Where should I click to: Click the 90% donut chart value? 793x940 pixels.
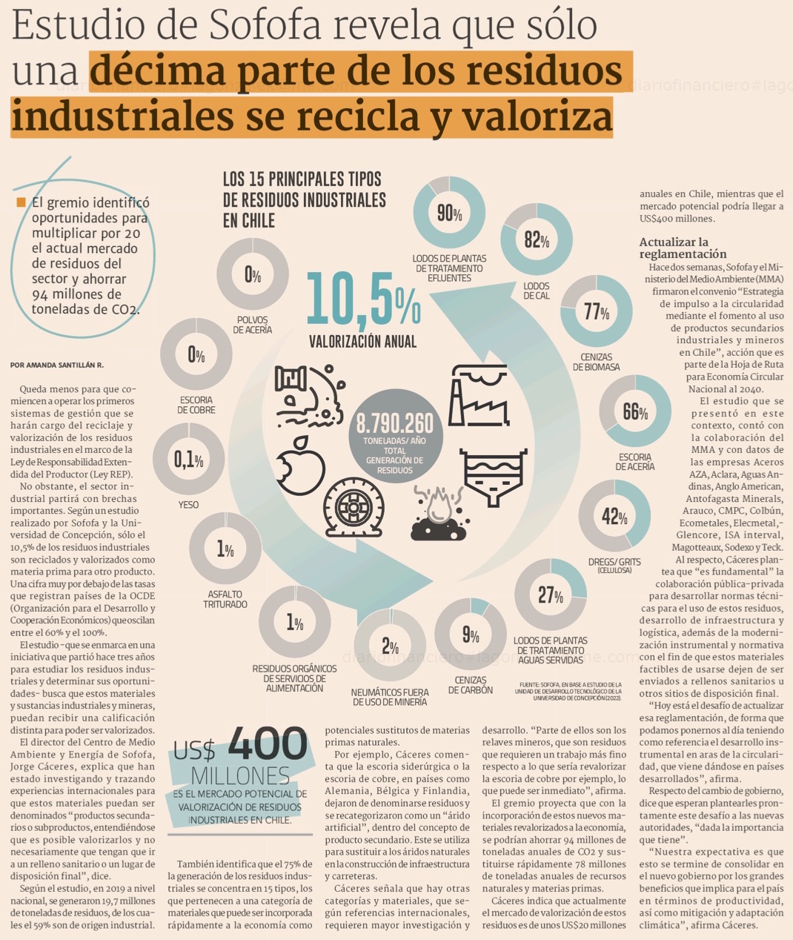point(449,214)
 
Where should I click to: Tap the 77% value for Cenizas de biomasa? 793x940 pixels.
point(596,311)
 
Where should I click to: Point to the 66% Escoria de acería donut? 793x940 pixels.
point(635,412)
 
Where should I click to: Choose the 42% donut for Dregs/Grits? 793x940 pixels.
point(614,517)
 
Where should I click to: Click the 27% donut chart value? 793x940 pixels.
point(551,595)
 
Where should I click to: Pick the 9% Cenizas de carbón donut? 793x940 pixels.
point(471,635)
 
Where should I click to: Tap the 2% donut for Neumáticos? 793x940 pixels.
point(391,645)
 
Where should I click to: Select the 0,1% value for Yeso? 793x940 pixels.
point(188,460)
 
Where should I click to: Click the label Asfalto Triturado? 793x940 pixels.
point(225,599)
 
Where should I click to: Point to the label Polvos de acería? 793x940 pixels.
point(252,325)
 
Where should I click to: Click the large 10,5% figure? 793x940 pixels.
point(363,299)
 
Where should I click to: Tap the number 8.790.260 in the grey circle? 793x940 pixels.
point(394,423)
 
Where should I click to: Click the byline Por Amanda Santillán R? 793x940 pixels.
point(57,365)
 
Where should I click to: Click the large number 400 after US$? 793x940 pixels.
point(268,745)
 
